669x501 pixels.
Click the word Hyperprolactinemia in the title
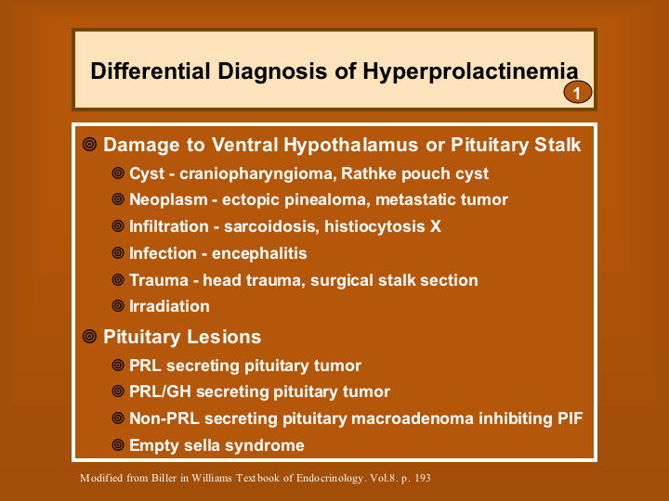[x=470, y=71]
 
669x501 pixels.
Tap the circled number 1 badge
[x=577, y=92]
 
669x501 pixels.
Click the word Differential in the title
[x=151, y=71]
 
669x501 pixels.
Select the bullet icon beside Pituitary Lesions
[x=89, y=336]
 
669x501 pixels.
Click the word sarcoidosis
[x=271, y=226]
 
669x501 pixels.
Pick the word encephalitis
[x=259, y=253]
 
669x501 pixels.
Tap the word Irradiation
[x=169, y=306]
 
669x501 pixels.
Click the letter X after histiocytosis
[x=435, y=226]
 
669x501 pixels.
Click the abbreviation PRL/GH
[x=160, y=392]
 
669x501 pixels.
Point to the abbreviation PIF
[x=570, y=418]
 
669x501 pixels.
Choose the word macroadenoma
[x=413, y=418]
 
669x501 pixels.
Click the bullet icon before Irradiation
[x=118, y=305]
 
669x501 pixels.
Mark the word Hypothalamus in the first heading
[x=350, y=145]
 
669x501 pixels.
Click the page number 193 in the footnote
[x=423, y=478]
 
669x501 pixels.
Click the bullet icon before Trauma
[x=118, y=279]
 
